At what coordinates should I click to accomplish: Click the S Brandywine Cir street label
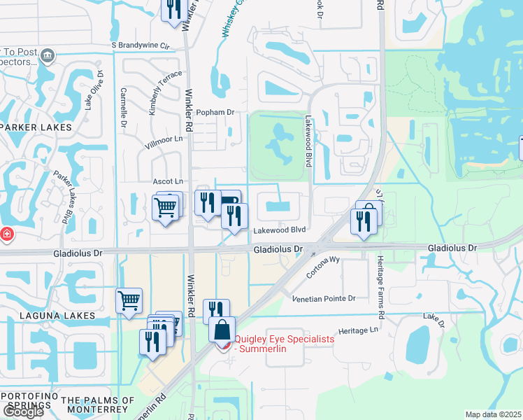tap(141, 45)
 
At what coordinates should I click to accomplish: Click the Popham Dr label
tap(215, 112)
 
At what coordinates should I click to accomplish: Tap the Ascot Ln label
tap(168, 181)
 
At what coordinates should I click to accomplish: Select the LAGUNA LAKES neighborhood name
tap(48, 316)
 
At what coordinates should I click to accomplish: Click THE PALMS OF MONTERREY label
tap(97, 400)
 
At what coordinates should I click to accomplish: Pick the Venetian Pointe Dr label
tap(324, 298)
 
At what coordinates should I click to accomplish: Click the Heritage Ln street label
tap(358, 329)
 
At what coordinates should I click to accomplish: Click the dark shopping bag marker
tap(222, 330)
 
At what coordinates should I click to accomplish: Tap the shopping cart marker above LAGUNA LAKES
tap(129, 301)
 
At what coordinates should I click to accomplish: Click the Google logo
tap(23, 412)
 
